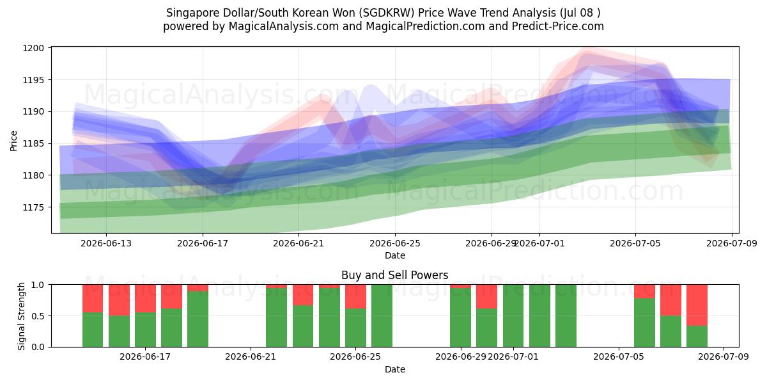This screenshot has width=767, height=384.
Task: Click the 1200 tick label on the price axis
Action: pos(33,48)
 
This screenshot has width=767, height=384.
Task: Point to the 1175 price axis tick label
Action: pos(33,207)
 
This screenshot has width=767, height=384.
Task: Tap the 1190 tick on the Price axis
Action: pos(33,112)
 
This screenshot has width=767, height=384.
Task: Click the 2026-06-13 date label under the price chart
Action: pos(106,243)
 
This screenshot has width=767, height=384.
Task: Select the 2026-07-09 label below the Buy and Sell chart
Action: pos(724,357)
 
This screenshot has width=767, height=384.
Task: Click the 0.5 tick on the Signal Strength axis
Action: pos(38,316)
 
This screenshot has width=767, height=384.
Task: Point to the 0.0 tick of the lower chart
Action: pos(38,347)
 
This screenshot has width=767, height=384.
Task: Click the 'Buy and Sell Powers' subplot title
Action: pos(395,275)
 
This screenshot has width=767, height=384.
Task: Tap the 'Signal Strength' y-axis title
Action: pos(21,316)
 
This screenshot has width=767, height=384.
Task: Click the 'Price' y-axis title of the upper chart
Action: pos(13,141)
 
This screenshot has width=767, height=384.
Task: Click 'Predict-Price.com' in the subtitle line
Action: pos(558,26)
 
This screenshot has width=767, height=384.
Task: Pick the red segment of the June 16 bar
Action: pos(119,300)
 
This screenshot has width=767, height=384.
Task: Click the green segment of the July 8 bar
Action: pos(697,337)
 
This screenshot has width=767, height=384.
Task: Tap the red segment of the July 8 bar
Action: pos(697,305)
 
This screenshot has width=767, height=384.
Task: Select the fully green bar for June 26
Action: pos(382,316)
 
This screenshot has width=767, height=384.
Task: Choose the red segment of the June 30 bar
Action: pos(487,296)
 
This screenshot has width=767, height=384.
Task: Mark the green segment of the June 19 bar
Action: pos(198,319)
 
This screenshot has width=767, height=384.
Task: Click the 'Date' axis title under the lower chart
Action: pos(395,369)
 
